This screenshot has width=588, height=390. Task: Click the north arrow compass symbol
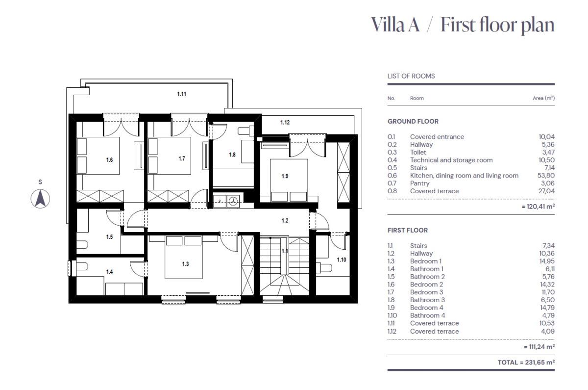[40, 198]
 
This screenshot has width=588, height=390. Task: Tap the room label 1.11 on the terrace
[182, 94]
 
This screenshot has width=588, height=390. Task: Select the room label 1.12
[285, 123]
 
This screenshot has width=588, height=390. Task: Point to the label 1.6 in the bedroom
[109, 160]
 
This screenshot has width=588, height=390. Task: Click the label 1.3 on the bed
[186, 264]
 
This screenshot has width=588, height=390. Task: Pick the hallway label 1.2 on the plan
[285, 220]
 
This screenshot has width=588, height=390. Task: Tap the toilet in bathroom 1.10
[324, 268]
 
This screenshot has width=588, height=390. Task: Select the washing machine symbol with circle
[233, 202]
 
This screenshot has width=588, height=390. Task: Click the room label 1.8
[232, 155]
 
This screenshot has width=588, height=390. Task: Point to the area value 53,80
[546, 176]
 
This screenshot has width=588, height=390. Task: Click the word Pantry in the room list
[420, 183]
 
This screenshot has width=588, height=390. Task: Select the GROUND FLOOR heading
[413, 122]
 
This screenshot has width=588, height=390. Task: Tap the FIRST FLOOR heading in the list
[408, 230]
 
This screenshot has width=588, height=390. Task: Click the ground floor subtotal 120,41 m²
[538, 207]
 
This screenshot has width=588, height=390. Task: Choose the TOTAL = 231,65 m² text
[526, 363]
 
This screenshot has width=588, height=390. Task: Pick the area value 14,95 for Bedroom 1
[547, 261]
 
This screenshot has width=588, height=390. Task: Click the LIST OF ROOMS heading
[411, 76]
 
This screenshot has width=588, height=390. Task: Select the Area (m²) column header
[543, 98]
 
